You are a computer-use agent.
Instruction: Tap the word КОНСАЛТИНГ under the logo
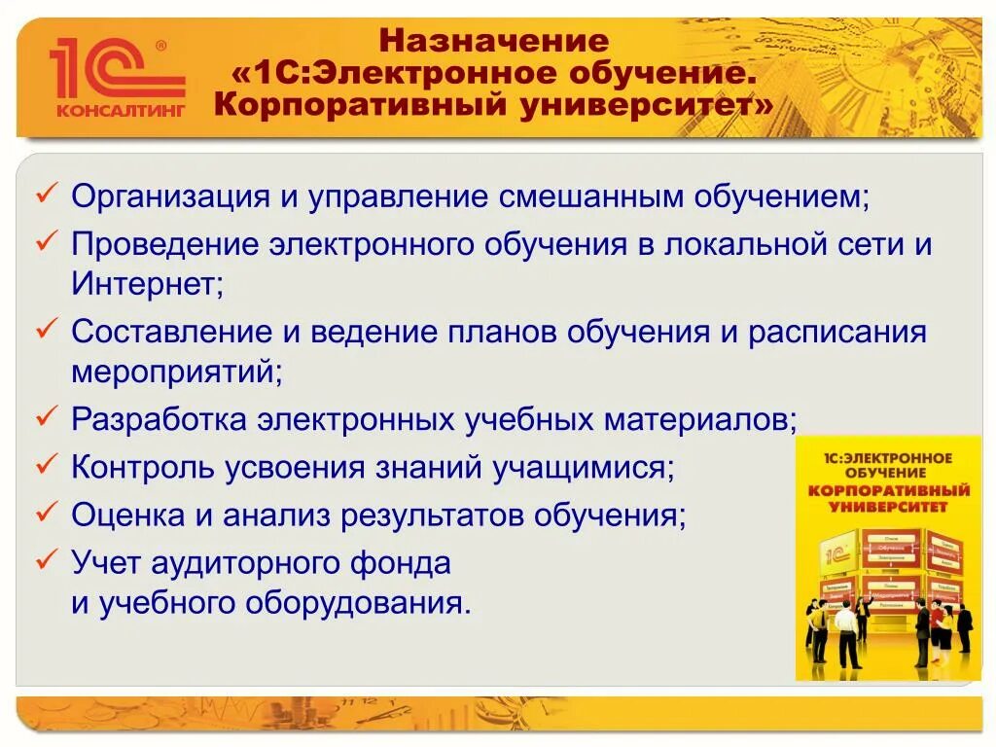click(x=120, y=110)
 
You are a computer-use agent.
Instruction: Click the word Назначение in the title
click(x=493, y=42)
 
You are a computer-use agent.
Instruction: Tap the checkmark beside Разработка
click(x=47, y=417)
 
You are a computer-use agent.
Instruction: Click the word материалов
click(x=698, y=419)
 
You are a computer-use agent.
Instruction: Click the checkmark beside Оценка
click(x=47, y=513)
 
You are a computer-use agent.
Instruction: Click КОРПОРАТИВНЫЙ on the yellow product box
click(x=888, y=489)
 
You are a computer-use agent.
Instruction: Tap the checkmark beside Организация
click(x=47, y=196)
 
